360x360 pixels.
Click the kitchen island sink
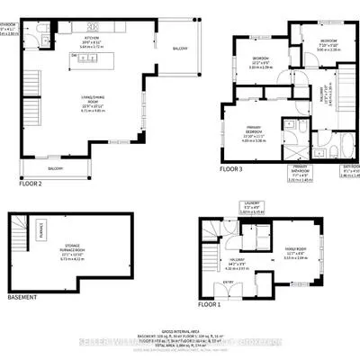[x=88, y=59]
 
